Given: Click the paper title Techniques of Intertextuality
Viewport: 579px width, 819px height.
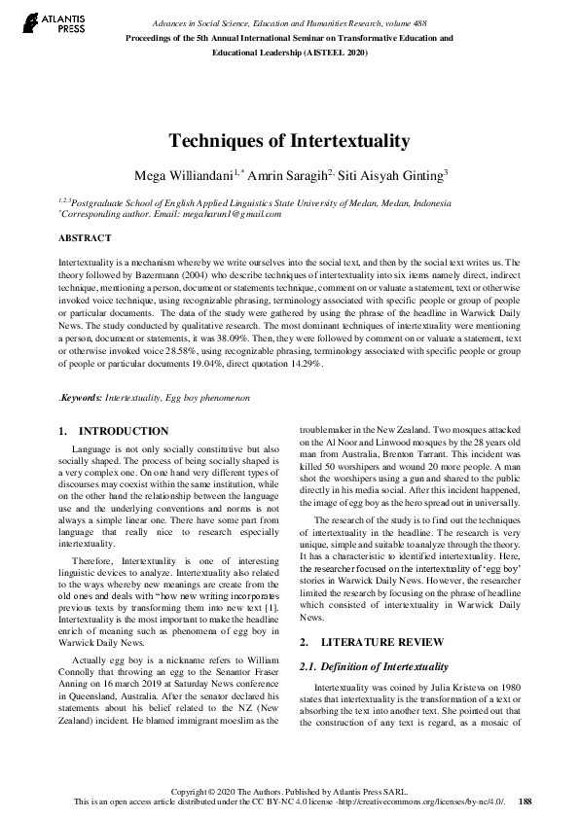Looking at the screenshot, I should pos(289,141).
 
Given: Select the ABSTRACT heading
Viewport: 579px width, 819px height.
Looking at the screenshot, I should pos(85,237).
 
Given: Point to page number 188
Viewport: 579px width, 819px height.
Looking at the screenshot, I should pos(525,802).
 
